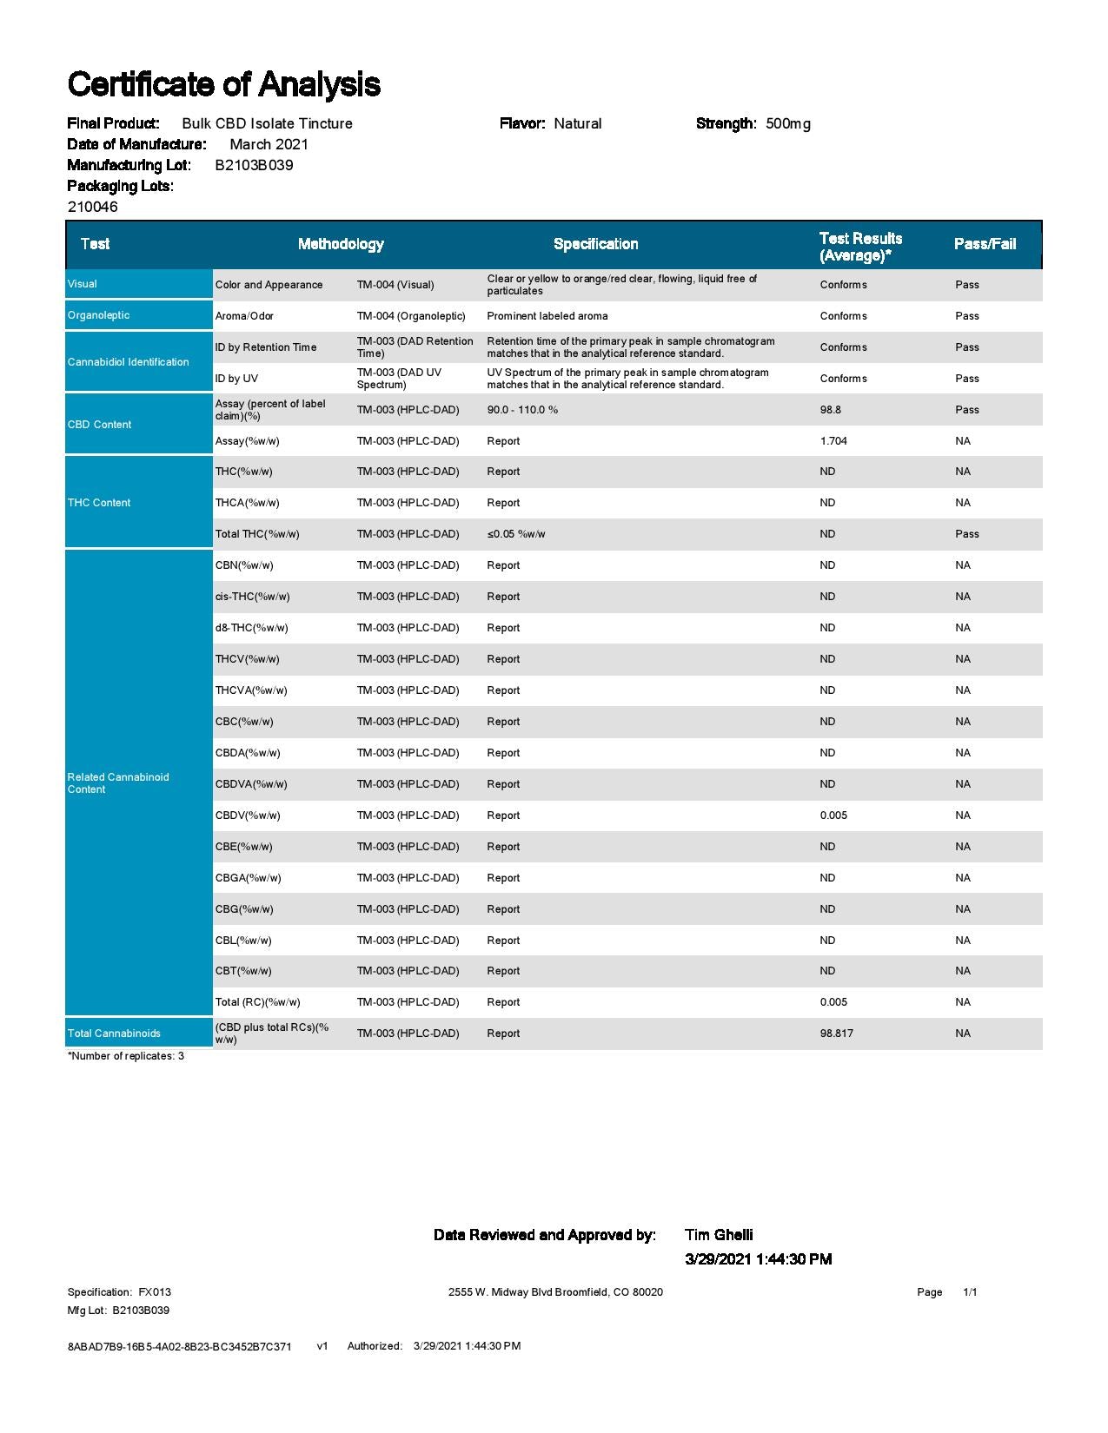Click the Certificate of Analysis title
click(x=223, y=84)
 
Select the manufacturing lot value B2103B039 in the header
click(x=254, y=165)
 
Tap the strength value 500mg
click(x=788, y=123)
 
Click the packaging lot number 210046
click(x=92, y=207)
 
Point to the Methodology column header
click(x=341, y=244)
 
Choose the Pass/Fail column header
click(x=985, y=244)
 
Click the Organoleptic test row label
click(x=99, y=315)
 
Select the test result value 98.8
click(x=831, y=410)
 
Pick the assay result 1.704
click(x=833, y=441)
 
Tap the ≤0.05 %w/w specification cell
click(x=516, y=534)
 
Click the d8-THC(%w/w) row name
click(x=252, y=628)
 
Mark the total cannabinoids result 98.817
click(x=837, y=1033)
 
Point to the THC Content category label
click(x=99, y=503)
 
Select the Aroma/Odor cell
click(x=244, y=316)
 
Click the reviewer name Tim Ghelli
click(x=719, y=1235)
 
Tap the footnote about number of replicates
click(x=126, y=1056)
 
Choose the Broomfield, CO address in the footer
click(x=555, y=1292)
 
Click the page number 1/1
click(x=970, y=1292)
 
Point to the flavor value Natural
click(x=578, y=123)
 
